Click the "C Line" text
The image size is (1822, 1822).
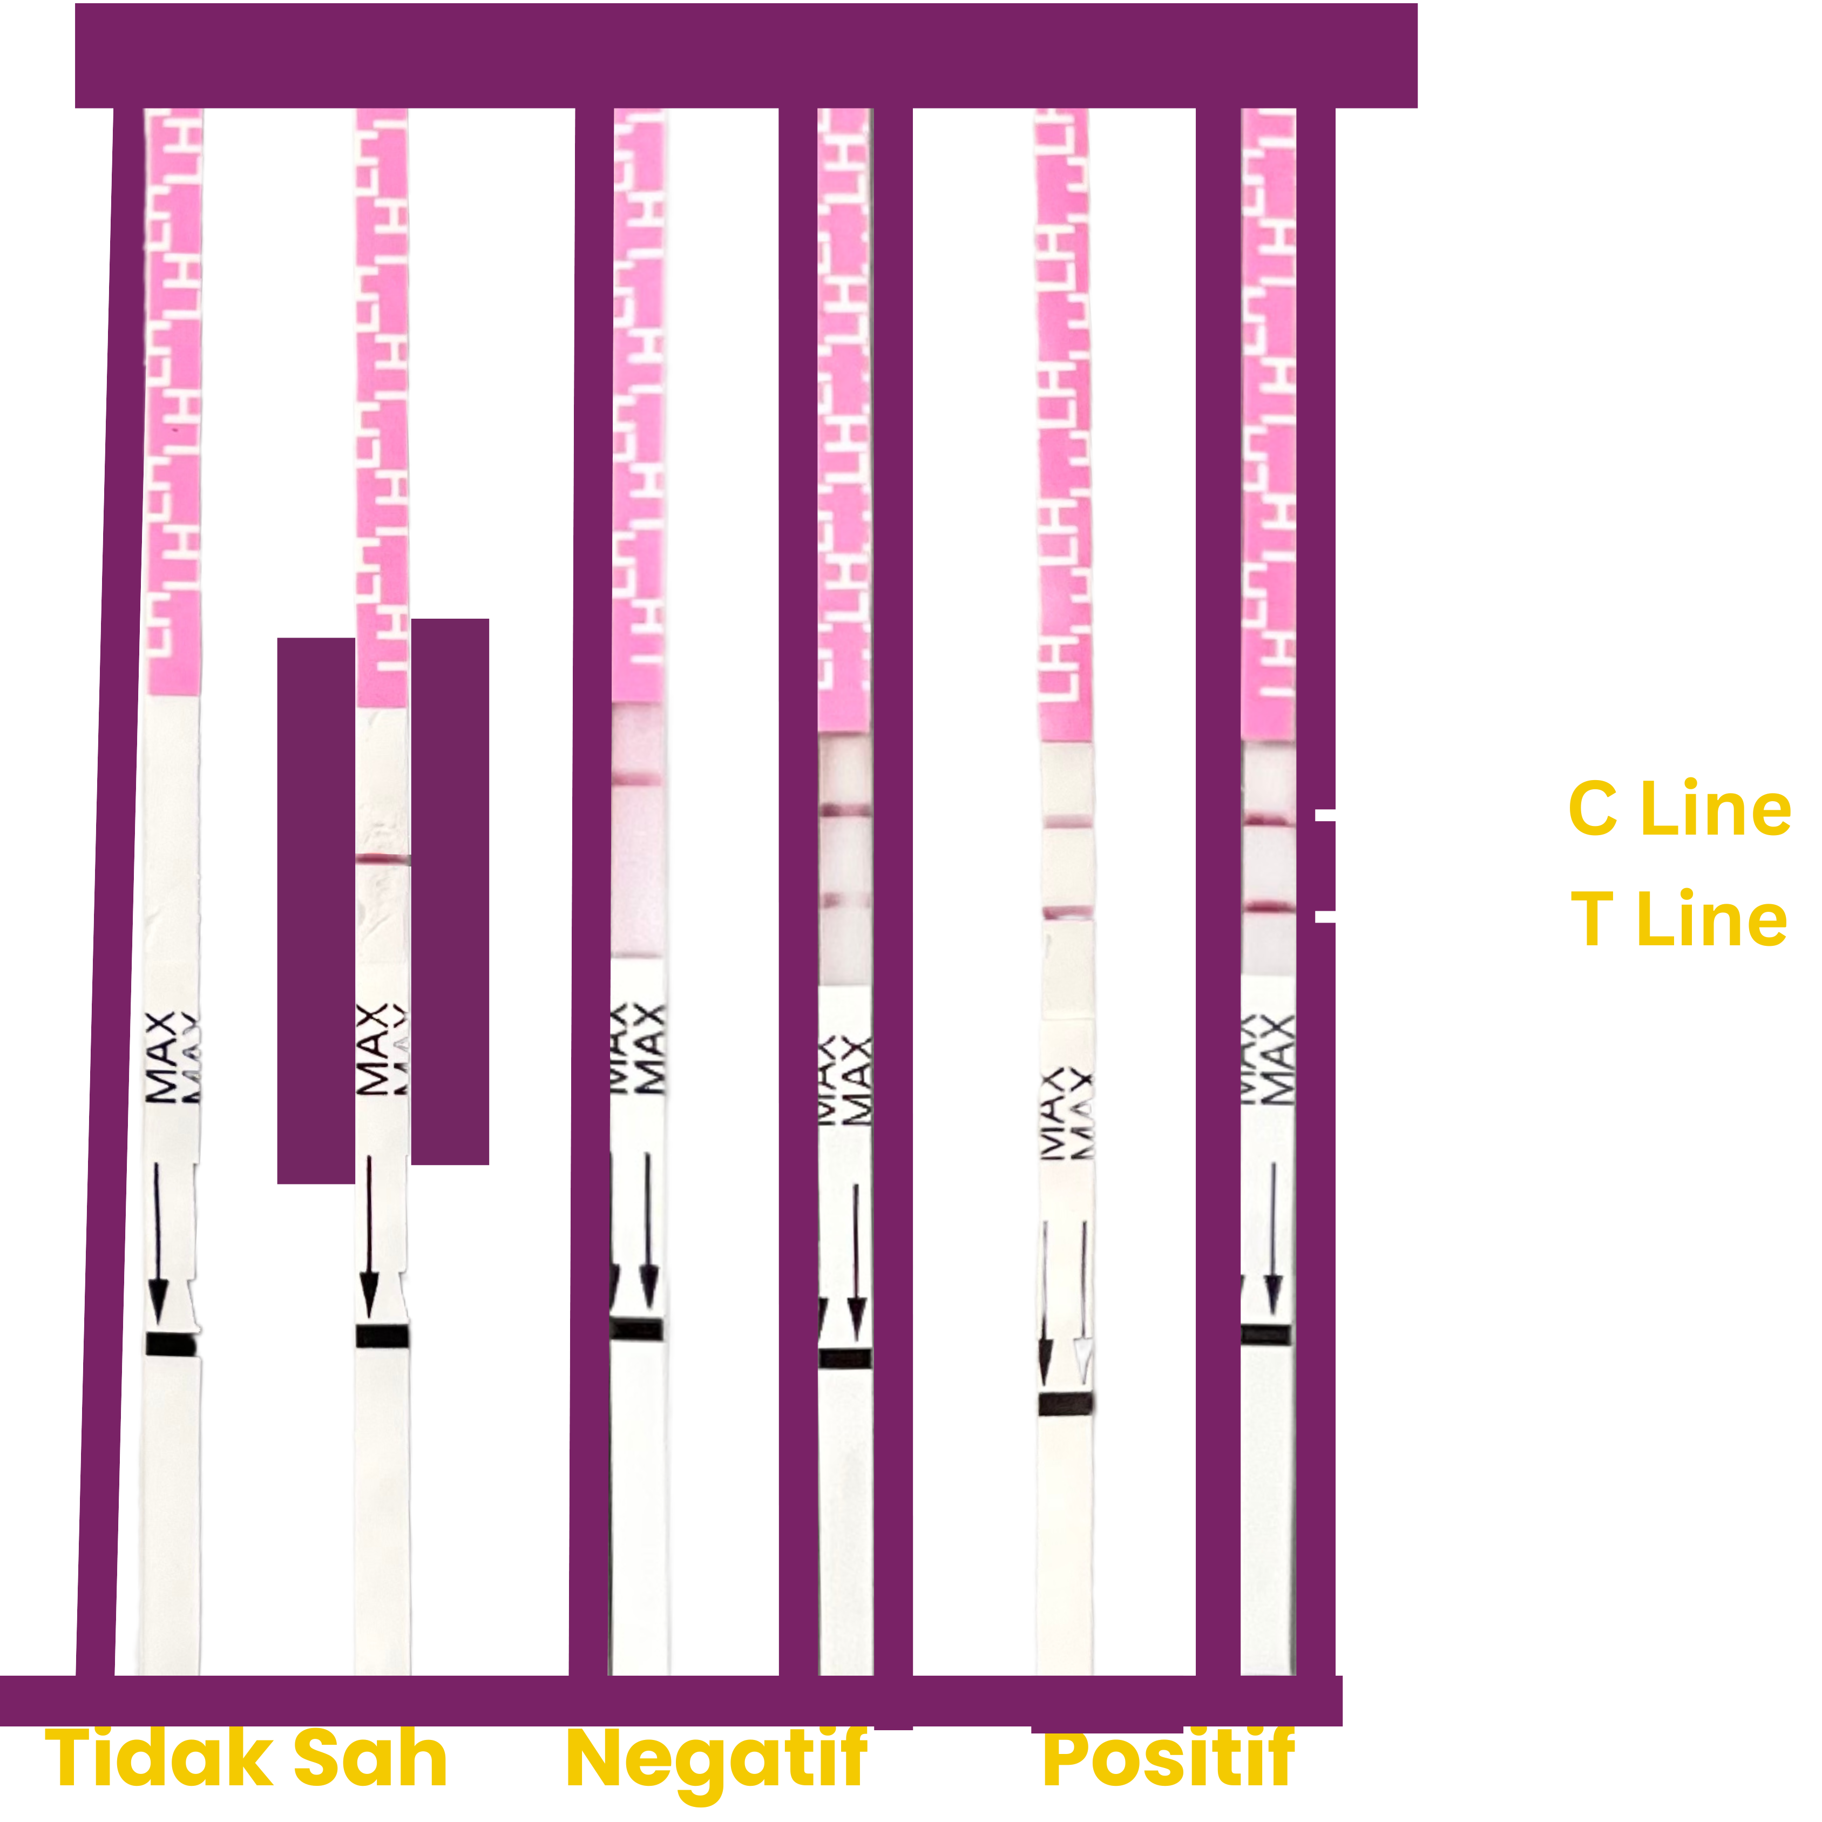1678,809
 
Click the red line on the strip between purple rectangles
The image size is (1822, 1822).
382,859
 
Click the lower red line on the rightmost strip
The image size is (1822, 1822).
1269,907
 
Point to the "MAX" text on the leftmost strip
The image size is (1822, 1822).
162,1057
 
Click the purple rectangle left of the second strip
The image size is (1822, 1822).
315,910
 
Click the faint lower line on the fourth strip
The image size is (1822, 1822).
845,902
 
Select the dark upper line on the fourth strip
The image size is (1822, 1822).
845,810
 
